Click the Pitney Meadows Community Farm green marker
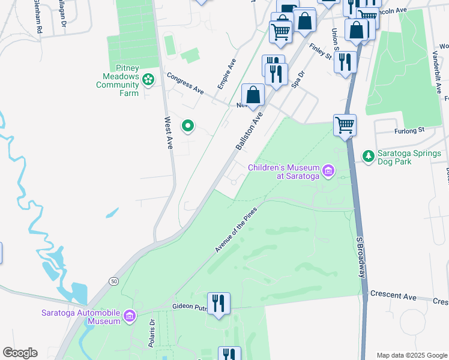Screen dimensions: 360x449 pyautogui.click(x=148, y=78)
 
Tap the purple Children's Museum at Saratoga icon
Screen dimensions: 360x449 pyautogui.click(x=328, y=172)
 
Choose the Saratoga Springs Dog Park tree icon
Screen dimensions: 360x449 pyautogui.click(x=368, y=157)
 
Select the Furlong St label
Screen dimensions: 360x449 pyautogui.click(x=409, y=129)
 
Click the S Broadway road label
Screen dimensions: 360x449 pyautogui.click(x=361, y=256)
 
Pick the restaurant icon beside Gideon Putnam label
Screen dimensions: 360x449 pyautogui.click(x=218, y=303)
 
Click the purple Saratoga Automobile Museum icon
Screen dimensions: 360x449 pyautogui.click(x=129, y=316)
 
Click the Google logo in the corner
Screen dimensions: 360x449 pyautogui.click(x=20, y=353)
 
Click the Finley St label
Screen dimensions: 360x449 pyautogui.click(x=321, y=51)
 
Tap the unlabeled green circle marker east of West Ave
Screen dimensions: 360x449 pyautogui.click(x=188, y=125)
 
